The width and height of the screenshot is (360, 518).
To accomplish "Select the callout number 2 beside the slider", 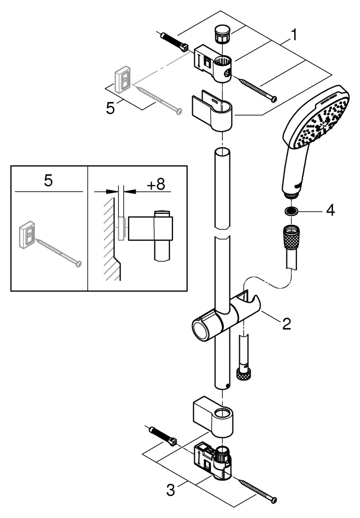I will coord(286,324).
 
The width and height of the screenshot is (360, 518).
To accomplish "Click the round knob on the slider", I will coord(201,329).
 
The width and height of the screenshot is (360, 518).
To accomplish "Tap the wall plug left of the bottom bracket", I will coord(162,435).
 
